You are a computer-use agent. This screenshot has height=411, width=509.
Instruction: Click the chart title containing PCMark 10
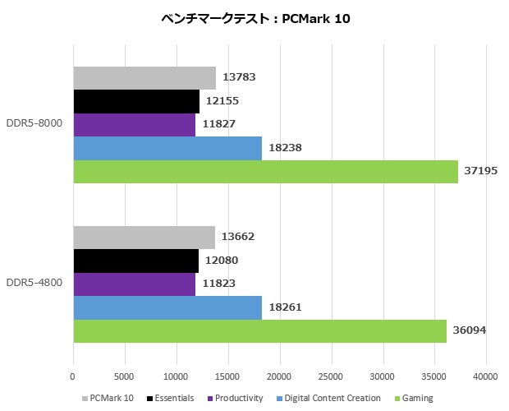click(255, 19)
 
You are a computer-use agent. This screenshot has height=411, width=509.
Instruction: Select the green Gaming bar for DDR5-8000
click(265, 172)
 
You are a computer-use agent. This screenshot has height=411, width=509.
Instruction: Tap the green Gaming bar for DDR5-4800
click(259, 331)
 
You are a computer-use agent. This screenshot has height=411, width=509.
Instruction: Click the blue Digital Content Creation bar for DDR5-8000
click(167, 148)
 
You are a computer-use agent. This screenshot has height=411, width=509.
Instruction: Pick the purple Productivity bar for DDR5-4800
click(134, 284)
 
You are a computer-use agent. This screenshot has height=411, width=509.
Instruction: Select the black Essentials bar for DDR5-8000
click(136, 101)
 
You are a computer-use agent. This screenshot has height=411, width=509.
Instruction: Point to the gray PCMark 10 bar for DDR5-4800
click(144, 238)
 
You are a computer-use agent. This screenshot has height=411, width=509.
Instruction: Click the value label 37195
click(481, 172)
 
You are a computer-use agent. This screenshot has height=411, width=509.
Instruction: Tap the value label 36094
click(470, 331)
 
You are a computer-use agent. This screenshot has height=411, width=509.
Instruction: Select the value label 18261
click(285, 308)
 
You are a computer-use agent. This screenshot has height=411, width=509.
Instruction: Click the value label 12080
click(222, 261)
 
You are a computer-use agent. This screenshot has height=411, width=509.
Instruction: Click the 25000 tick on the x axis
click(331, 376)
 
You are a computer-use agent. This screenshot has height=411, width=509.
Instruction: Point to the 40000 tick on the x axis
click(485, 376)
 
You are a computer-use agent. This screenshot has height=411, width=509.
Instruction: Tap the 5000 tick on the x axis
click(125, 376)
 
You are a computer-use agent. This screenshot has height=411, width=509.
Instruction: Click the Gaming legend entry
click(415, 398)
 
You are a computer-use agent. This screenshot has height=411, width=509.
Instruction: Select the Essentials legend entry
click(170, 398)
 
